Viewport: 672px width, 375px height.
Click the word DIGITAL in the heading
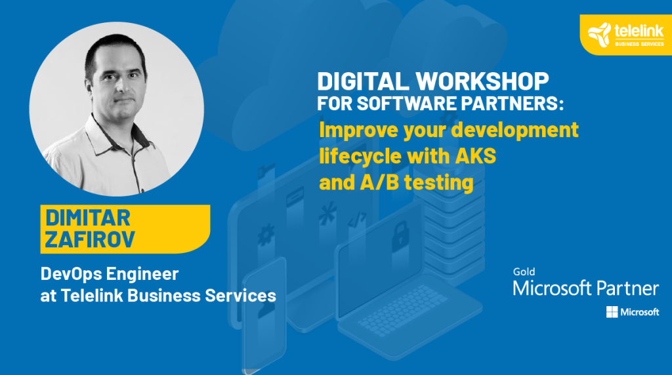click(x=363, y=81)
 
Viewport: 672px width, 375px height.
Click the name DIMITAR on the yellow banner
click(x=88, y=218)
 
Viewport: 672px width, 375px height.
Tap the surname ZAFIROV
click(x=90, y=239)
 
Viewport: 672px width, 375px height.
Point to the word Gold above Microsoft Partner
click(x=524, y=271)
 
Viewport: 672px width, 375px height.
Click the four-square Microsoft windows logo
click(x=612, y=312)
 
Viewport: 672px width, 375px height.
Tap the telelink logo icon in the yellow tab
click(x=599, y=34)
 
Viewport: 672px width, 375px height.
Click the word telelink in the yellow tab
click(x=639, y=31)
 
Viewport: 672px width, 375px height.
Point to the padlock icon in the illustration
click(x=400, y=236)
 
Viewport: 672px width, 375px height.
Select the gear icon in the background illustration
click(x=266, y=235)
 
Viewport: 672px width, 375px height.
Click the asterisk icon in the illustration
click(x=327, y=214)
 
